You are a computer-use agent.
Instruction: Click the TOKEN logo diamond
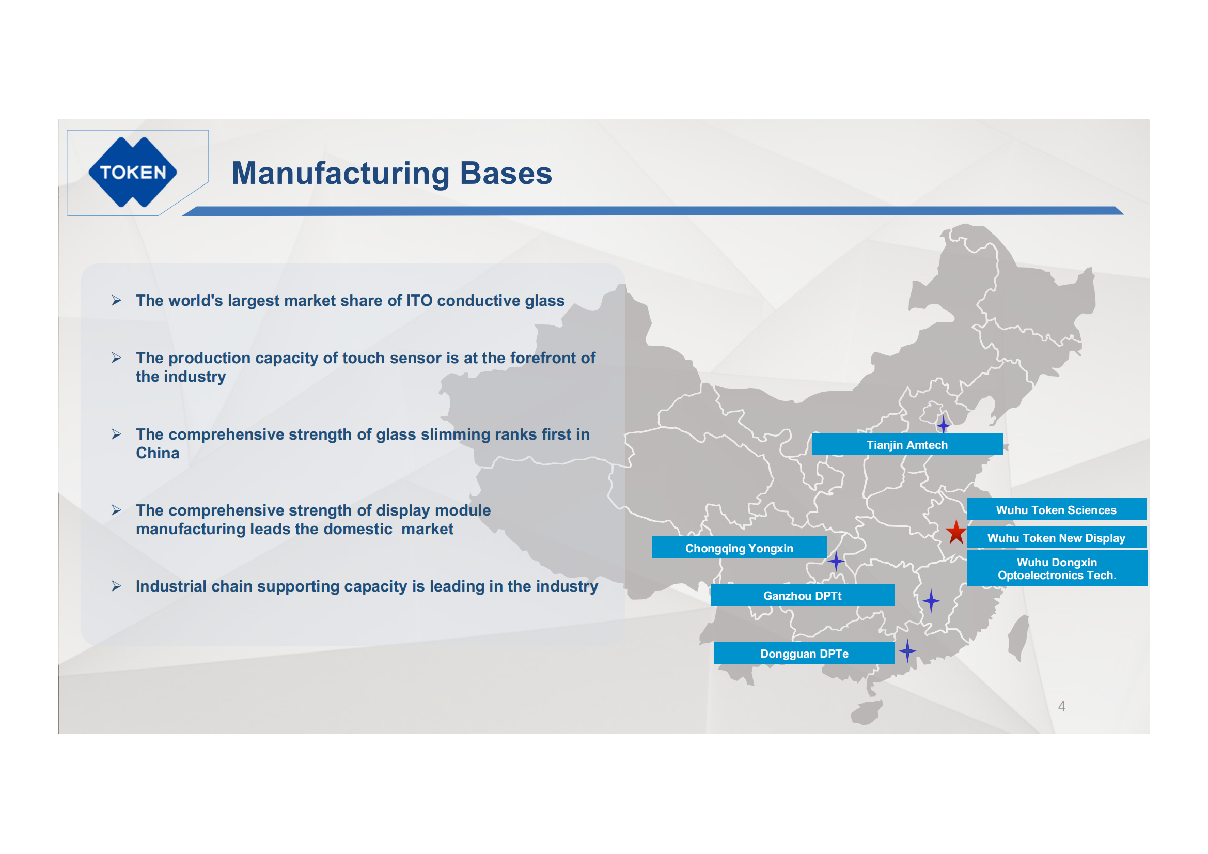pyautogui.click(x=133, y=172)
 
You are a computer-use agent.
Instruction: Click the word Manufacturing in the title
pyautogui.click(x=340, y=173)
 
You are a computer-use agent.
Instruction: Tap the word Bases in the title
pyautogui.click(x=506, y=173)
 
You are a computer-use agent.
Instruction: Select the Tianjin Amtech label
pyautogui.click(x=907, y=445)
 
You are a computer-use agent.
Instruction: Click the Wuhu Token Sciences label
pyautogui.click(x=1057, y=509)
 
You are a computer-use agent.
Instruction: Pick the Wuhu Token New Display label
pyautogui.click(x=1057, y=537)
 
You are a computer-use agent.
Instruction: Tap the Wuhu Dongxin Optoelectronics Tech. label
pyautogui.click(x=1057, y=568)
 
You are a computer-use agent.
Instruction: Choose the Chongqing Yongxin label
pyautogui.click(x=739, y=548)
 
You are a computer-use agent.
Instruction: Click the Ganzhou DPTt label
pyautogui.click(x=803, y=595)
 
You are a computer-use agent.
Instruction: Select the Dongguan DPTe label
pyautogui.click(x=804, y=653)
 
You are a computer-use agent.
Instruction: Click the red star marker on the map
pyautogui.click(x=956, y=532)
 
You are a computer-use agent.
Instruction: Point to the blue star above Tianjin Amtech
pyautogui.click(x=944, y=424)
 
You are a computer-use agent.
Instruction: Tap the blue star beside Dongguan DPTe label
pyautogui.click(x=907, y=651)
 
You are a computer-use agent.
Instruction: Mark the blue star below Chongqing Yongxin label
pyautogui.click(x=836, y=561)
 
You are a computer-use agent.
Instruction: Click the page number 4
pyautogui.click(x=1062, y=706)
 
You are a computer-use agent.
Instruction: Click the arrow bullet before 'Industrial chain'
pyautogui.click(x=116, y=586)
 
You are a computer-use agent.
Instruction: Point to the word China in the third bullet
pyautogui.click(x=158, y=453)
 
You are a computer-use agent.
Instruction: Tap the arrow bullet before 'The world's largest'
pyautogui.click(x=116, y=300)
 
